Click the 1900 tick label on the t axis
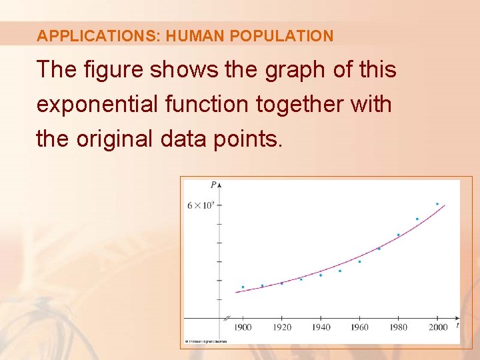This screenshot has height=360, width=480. click(x=243, y=327)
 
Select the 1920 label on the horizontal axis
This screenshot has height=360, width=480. click(x=281, y=327)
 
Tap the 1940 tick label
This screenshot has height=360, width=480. click(x=321, y=327)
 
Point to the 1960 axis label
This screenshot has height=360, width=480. click(x=359, y=327)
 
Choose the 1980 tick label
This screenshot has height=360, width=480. click(x=399, y=327)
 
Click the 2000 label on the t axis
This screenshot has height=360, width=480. click(x=438, y=327)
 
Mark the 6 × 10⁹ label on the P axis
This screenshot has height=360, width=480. click(x=200, y=205)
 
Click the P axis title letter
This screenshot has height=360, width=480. click(x=213, y=185)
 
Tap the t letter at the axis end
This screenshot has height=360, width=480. click(x=457, y=325)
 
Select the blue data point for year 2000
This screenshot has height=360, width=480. click(x=437, y=204)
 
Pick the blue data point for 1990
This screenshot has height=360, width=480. click(x=417, y=219)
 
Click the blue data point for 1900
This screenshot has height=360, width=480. click(x=243, y=287)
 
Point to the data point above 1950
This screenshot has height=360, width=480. click(x=340, y=271)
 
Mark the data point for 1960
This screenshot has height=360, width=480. click(x=359, y=261)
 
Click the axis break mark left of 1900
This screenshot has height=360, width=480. click(x=227, y=318)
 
